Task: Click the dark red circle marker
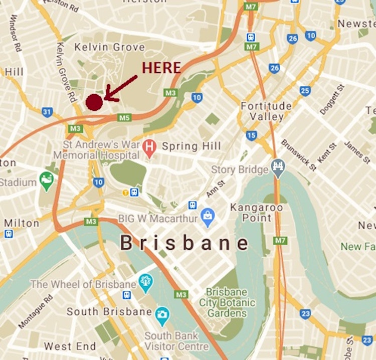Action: [x=94, y=102]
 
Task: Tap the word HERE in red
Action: [x=161, y=69]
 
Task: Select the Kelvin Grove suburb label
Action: [x=109, y=47]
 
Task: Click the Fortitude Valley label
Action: [x=266, y=111]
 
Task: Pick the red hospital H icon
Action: [x=149, y=147]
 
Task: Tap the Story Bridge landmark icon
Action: [x=278, y=167]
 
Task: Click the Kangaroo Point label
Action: [x=257, y=213]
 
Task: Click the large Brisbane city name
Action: [x=184, y=243]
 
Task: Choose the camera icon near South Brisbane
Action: [x=162, y=314]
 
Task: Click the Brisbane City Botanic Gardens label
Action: [x=227, y=302]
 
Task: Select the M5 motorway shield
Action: [x=124, y=118]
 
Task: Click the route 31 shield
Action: [x=47, y=112]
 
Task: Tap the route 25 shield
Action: [x=305, y=91]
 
